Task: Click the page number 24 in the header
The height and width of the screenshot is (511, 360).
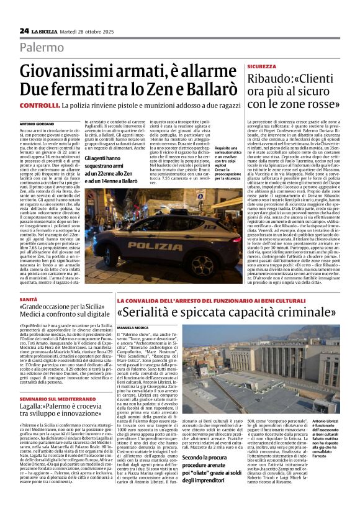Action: pyautogui.click(x=24, y=30)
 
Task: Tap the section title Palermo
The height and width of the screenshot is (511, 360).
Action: pyautogui.click(x=41, y=47)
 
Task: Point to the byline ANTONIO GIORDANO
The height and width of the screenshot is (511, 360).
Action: pyautogui.click(x=37, y=124)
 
